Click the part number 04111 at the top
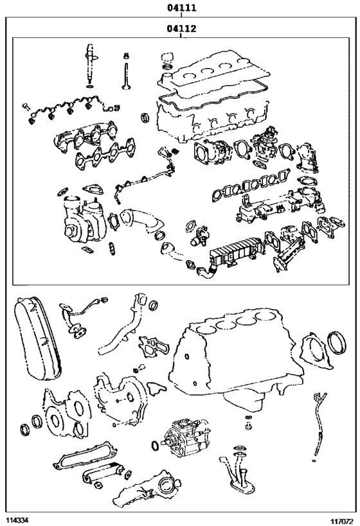click(x=181, y=8)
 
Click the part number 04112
click(x=181, y=29)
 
